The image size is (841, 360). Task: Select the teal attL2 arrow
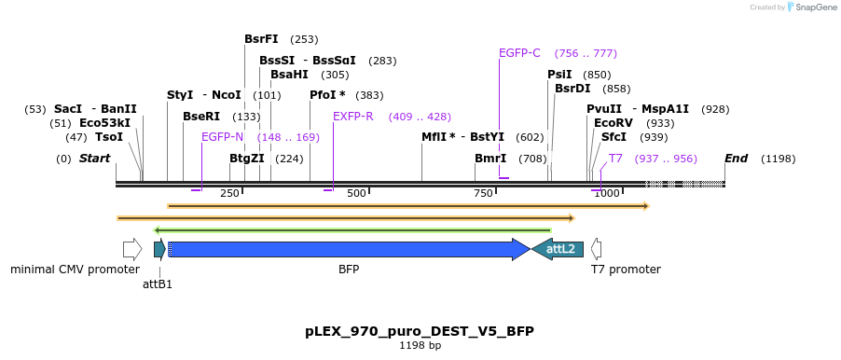tap(558, 249)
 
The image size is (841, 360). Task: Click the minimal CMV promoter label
tap(75, 270)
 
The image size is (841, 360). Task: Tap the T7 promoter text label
tap(626, 270)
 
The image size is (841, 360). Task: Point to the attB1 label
tap(158, 284)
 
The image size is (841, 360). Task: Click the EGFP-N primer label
tap(222, 137)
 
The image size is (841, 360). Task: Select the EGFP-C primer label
tap(519, 53)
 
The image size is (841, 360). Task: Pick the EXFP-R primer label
tap(352, 117)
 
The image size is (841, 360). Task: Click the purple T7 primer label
tap(615, 159)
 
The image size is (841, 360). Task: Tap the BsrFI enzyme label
tap(261, 39)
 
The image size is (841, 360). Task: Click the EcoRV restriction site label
tap(613, 123)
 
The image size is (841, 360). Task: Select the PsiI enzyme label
tap(559, 75)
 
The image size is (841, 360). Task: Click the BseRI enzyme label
tap(201, 117)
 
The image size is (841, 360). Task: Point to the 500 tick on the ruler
tap(356, 194)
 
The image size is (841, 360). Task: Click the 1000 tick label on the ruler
tap(606, 194)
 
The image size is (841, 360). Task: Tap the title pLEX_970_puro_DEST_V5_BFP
tap(420, 331)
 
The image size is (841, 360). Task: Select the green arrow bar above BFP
tap(352, 229)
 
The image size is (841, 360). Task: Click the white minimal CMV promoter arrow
tap(132, 249)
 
